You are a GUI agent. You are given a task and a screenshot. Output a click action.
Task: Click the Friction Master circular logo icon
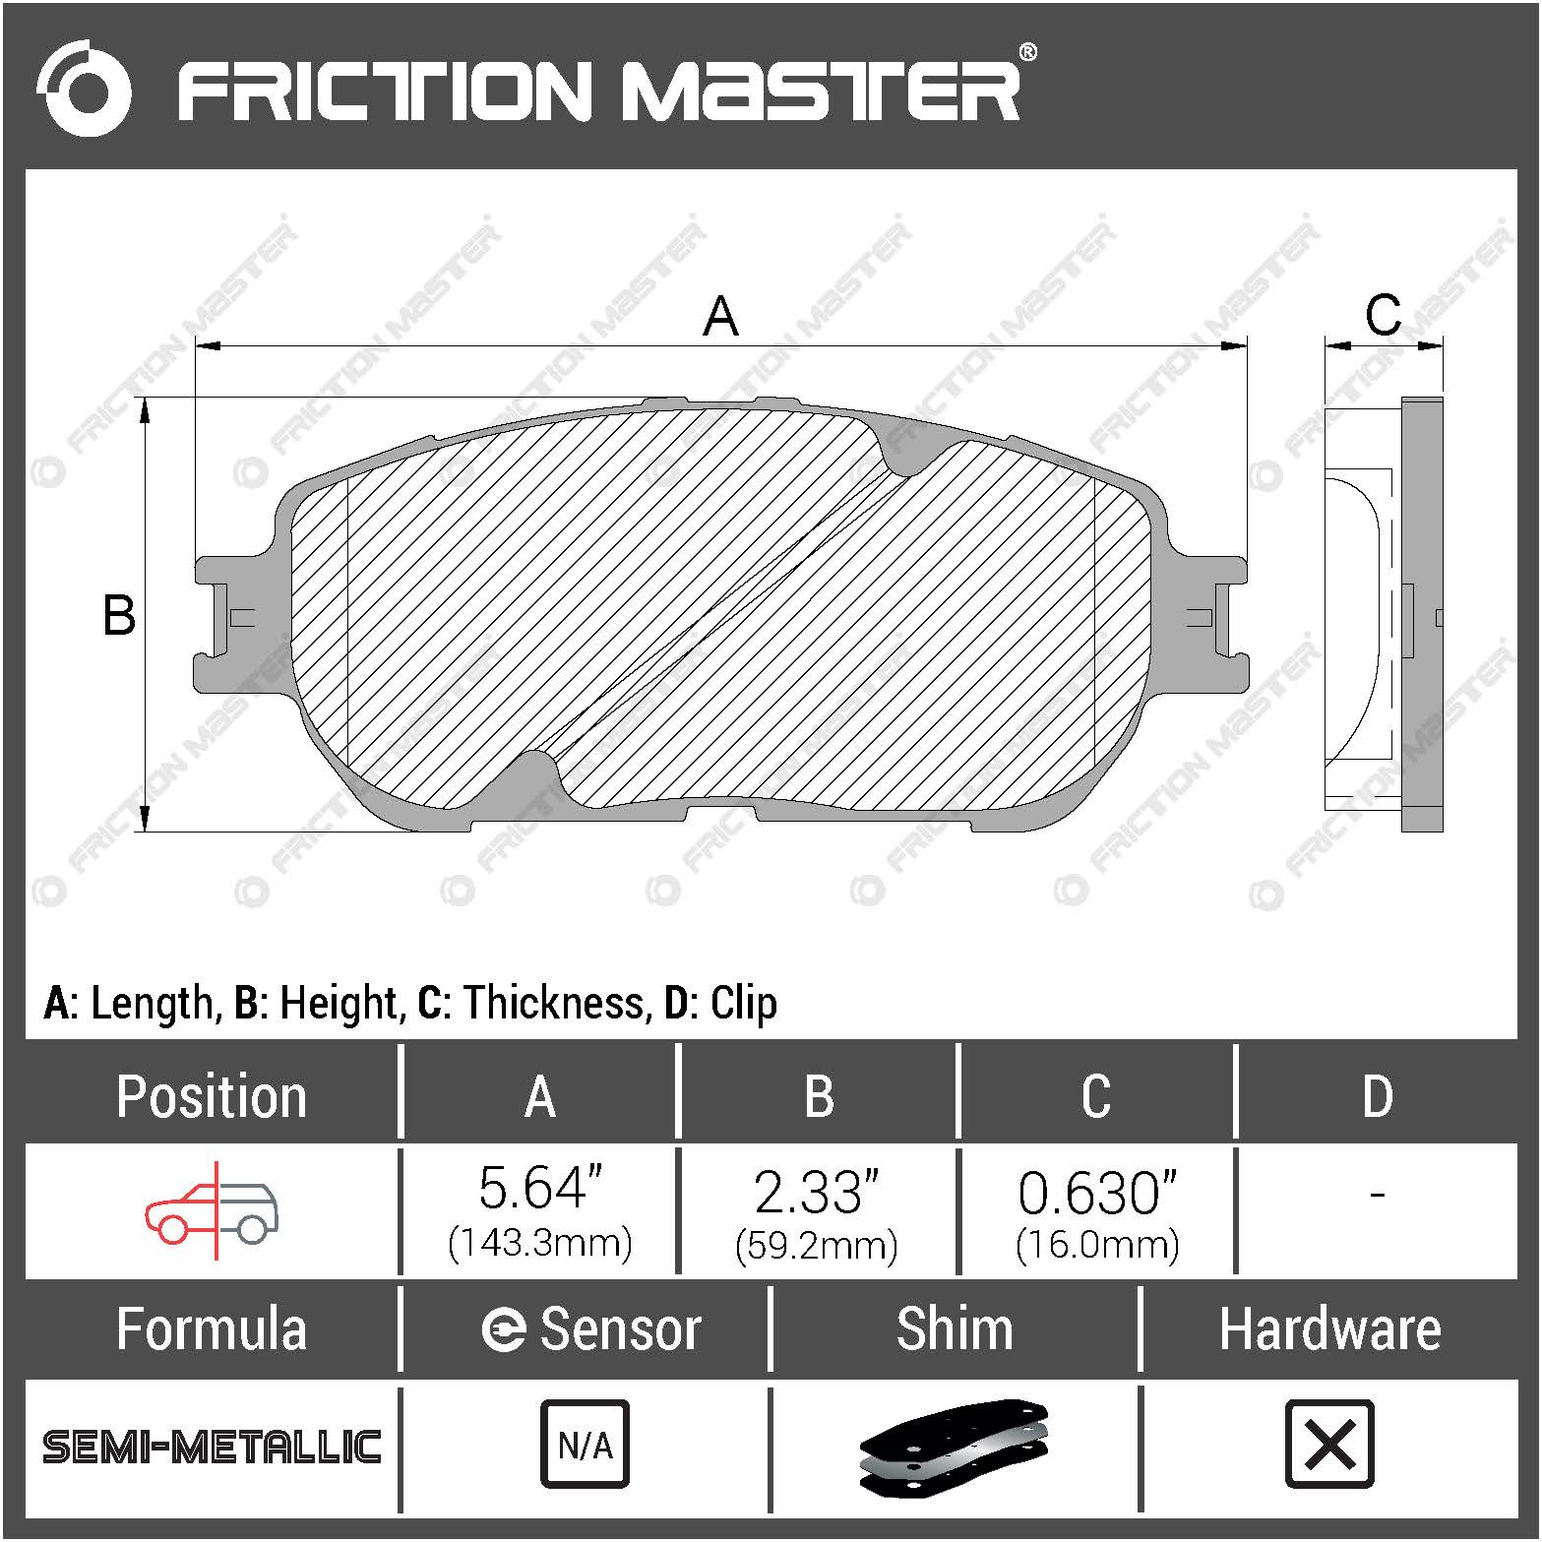tap(84, 89)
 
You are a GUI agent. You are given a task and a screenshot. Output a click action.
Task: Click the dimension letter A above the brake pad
tap(720, 317)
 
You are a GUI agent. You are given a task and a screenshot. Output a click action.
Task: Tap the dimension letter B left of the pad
tap(119, 616)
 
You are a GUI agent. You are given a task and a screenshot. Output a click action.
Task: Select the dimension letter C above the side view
tap(1383, 316)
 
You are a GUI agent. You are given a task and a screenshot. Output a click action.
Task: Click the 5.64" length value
tap(539, 1189)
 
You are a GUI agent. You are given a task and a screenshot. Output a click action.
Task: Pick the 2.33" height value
tap(816, 1192)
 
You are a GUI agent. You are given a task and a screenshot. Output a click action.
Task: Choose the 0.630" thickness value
tap(1096, 1194)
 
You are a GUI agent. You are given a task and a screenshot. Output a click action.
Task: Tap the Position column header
tap(212, 1096)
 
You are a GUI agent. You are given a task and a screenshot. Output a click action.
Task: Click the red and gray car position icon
tap(212, 1211)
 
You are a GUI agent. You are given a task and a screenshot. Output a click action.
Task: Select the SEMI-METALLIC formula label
tap(212, 1447)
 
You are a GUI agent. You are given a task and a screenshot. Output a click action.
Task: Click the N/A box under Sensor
tap(585, 1445)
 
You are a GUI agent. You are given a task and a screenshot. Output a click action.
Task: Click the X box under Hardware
tap(1329, 1445)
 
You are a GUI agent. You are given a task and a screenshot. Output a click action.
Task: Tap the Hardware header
tap(1329, 1329)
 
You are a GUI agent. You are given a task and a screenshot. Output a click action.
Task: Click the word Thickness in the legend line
tap(554, 1003)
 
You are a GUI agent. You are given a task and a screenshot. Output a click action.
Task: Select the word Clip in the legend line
tap(743, 1003)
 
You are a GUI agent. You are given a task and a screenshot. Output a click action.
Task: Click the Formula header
tap(212, 1329)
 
